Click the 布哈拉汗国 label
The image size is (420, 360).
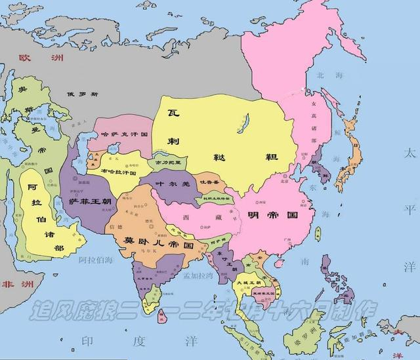(118, 172)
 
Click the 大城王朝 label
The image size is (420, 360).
(251, 281)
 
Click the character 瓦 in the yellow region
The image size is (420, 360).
(173, 113)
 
